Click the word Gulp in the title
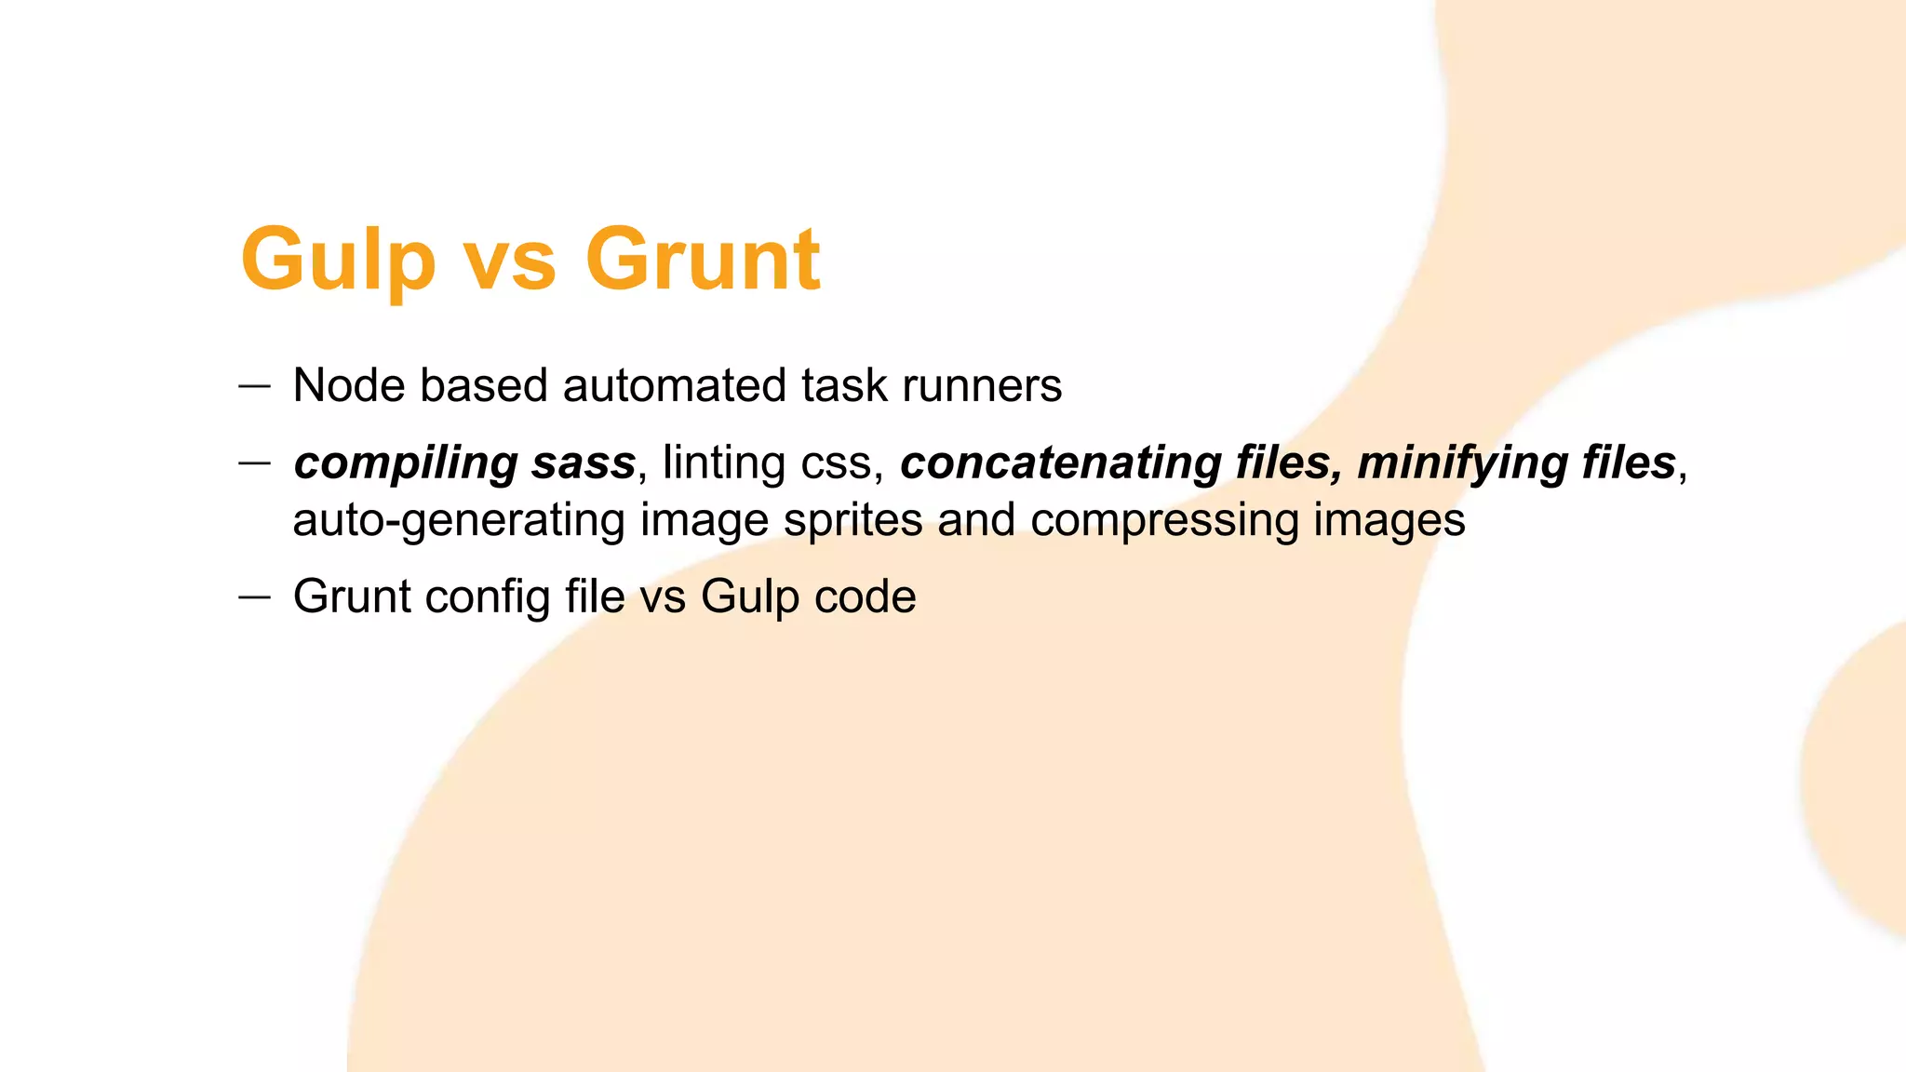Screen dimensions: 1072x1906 coord(337,261)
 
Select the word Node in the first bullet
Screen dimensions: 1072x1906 coord(348,385)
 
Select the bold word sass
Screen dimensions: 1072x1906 coord(583,463)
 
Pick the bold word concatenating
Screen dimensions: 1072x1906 coord(1060,463)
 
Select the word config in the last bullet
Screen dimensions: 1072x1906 coord(488,596)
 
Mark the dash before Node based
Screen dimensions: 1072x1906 coord(254,385)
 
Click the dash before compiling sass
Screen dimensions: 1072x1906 coord(254,462)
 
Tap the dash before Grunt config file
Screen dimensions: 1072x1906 coord(254,596)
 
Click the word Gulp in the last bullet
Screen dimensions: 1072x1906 coord(749,596)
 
